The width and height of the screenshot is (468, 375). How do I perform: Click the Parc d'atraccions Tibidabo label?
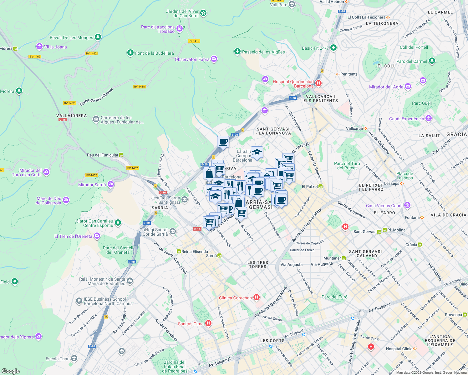point(158,29)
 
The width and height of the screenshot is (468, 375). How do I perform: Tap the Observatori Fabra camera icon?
point(214,59)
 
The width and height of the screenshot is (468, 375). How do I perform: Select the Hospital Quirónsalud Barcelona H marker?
point(318,83)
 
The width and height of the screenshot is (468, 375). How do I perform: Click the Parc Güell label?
point(422,103)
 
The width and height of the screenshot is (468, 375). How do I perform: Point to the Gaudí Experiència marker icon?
point(429,118)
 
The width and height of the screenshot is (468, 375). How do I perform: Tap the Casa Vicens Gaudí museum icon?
point(407,205)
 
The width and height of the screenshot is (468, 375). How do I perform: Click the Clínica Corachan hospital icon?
point(257,297)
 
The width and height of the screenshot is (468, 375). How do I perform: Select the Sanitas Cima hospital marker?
point(208,323)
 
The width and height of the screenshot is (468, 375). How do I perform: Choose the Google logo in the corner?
point(10,371)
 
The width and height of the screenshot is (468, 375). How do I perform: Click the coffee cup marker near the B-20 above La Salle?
point(223,142)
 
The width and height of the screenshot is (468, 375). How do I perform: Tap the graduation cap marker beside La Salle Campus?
point(257,152)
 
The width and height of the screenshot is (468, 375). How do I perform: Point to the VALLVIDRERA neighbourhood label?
point(71,116)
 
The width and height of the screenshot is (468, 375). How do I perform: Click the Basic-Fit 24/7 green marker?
point(333,48)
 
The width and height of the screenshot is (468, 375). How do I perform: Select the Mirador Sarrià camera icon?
point(110,184)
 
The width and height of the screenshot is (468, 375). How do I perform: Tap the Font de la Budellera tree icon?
point(130,53)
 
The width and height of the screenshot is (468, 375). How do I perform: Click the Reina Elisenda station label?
point(194,252)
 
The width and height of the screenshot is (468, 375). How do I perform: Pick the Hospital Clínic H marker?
point(371,347)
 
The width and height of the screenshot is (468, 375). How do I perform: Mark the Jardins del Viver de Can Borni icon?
point(203,13)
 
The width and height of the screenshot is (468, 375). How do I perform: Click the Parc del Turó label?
point(334,297)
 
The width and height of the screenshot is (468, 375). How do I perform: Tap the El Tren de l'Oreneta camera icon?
point(97,236)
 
